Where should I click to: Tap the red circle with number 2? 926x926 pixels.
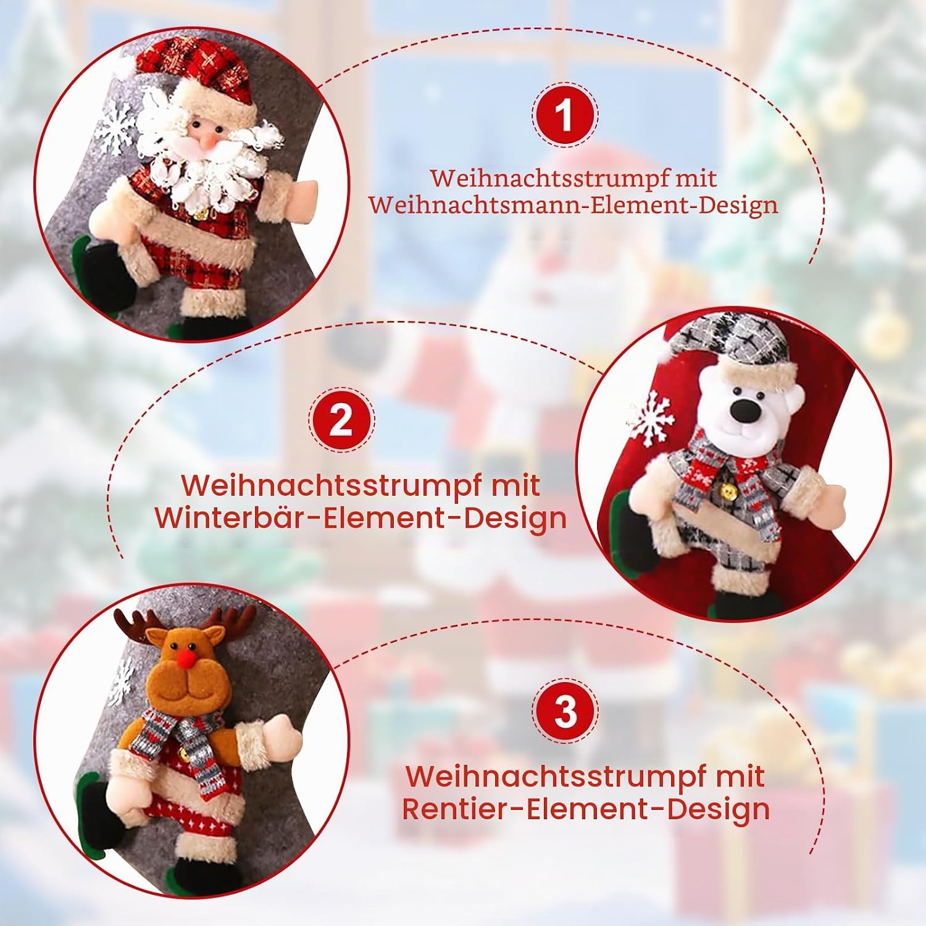[341, 422]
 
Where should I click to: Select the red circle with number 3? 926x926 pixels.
[565, 711]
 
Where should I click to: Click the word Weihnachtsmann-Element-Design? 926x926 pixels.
[574, 205]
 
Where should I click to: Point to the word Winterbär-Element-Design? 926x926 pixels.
[361, 517]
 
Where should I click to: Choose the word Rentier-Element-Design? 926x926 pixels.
[586, 809]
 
